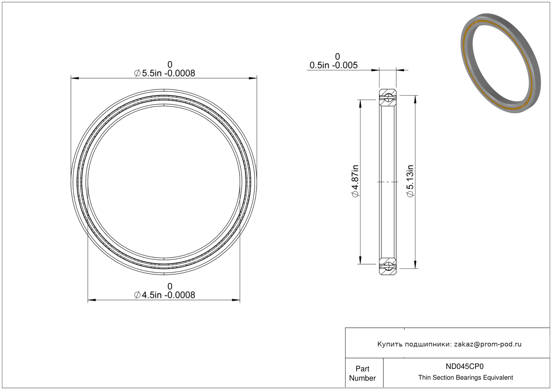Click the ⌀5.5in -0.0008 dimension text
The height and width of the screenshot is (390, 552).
(x=164, y=73)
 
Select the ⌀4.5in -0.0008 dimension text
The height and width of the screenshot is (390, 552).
(x=164, y=295)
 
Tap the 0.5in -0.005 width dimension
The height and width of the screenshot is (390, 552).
(x=333, y=65)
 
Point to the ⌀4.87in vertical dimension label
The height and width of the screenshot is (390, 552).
(x=355, y=181)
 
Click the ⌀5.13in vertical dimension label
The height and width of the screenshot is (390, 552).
(x=410, y=181)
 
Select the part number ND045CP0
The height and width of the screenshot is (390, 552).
(x=464, y=366)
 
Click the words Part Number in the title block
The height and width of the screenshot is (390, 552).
(x=362, y=373)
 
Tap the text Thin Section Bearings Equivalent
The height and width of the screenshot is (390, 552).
(x=465, y=378)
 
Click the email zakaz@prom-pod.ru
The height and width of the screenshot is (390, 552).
(x=488, y=344)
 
